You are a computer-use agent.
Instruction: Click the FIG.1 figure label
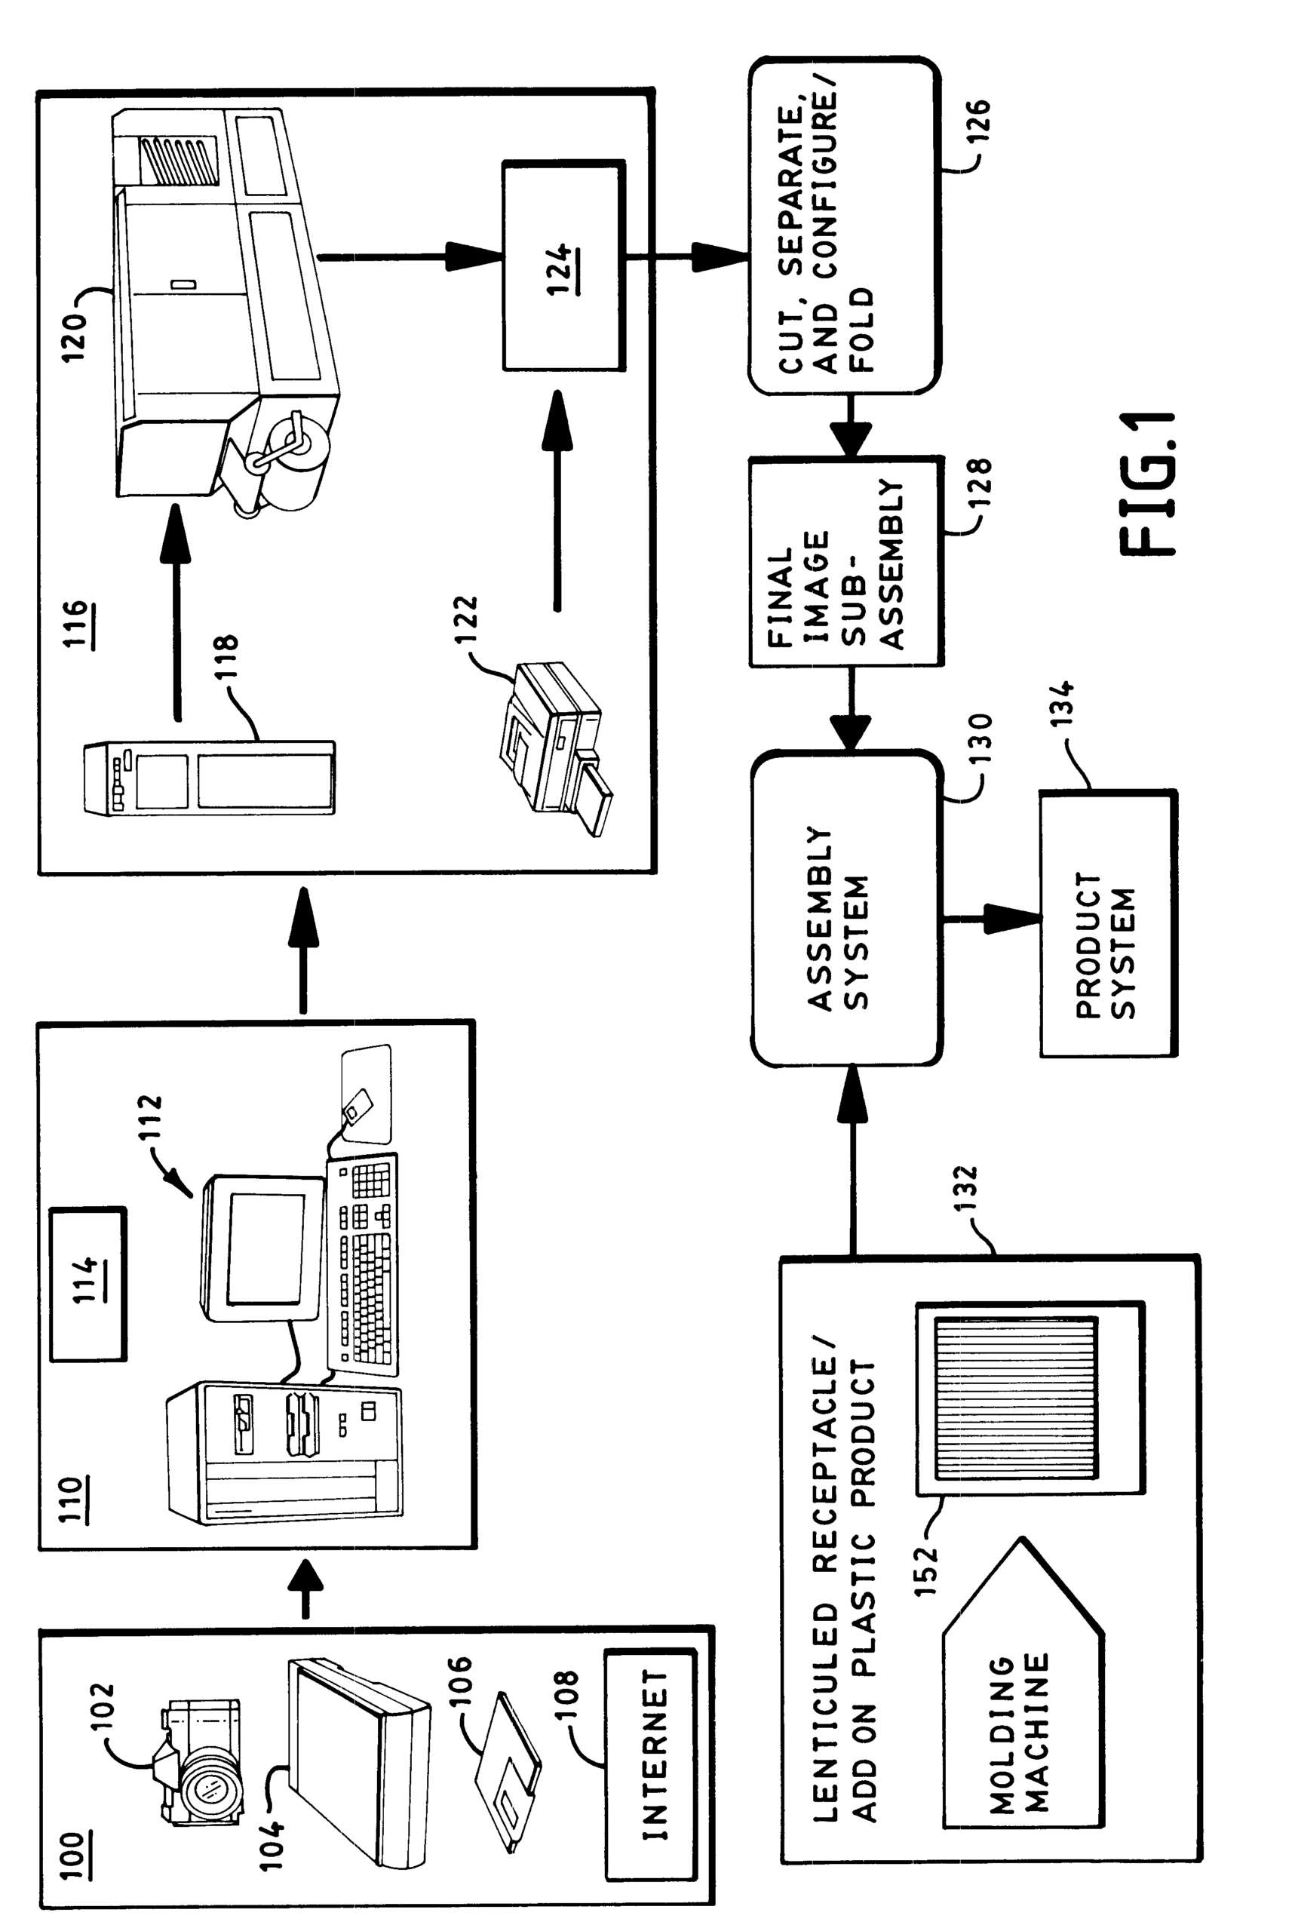tap(1148, 484)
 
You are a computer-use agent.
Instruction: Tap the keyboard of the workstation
tap(363, 1264)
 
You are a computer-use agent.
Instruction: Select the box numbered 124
tap(563, 266)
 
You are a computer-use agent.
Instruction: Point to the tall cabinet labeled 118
tap(210, 778)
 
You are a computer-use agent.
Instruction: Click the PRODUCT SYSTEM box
tap(1108, 923)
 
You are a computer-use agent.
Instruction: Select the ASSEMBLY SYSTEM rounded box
tap(847, 907)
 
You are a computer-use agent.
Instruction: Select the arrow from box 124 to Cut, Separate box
tap(687, 256)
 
